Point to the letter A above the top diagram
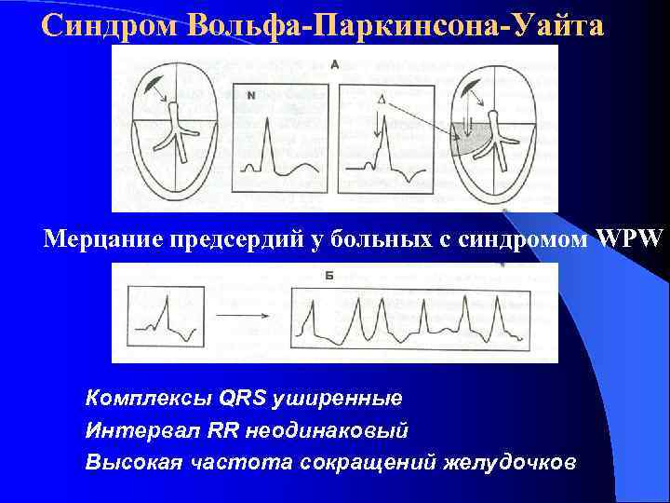tap(334, 64)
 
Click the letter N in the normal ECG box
tap(252, 94)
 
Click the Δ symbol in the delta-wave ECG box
tap(381, 98)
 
